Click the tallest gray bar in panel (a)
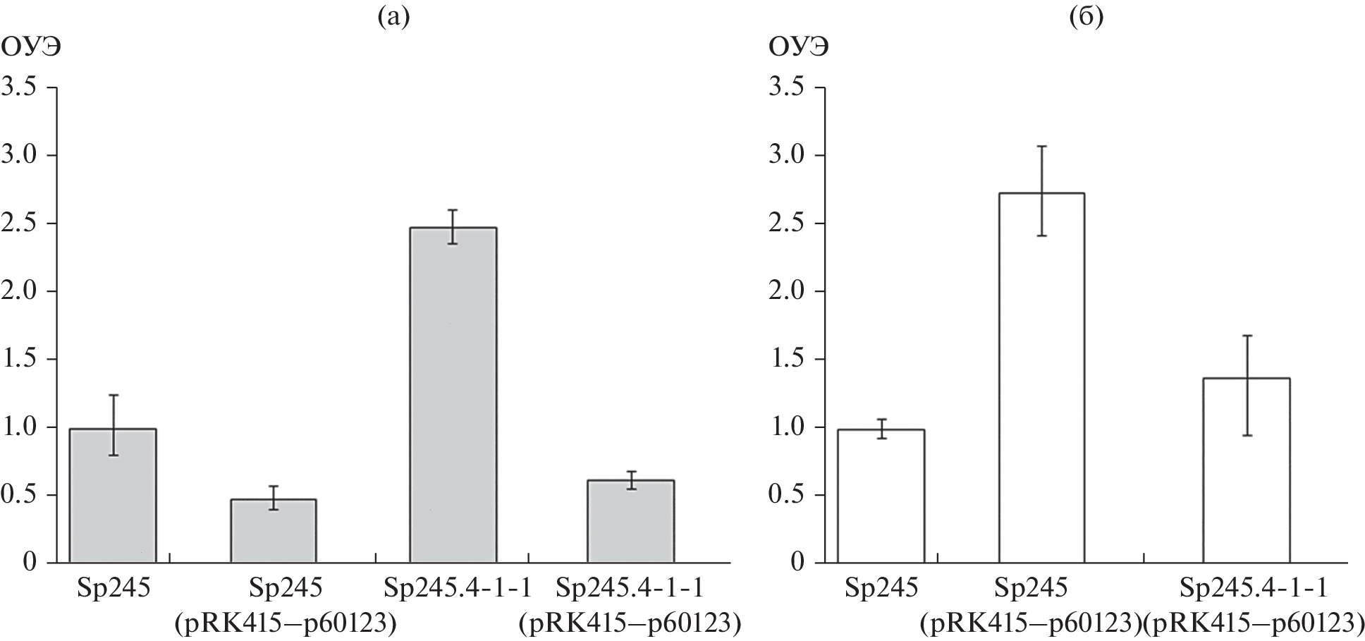pyautogui.click(x=453, y=395)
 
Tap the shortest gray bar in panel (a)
pyautogui.click(x=273, y=530)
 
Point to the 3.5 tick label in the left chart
pyautogui.click(x=20, y=88)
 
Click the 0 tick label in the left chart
pyautogui.click(x=29, y=563)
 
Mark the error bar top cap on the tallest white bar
pyautogui.click(x=1041, y=146)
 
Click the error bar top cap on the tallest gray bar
pyautogui.click(x=453, y=209)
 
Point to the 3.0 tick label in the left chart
pyautogui.click(x=20, y=156)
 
